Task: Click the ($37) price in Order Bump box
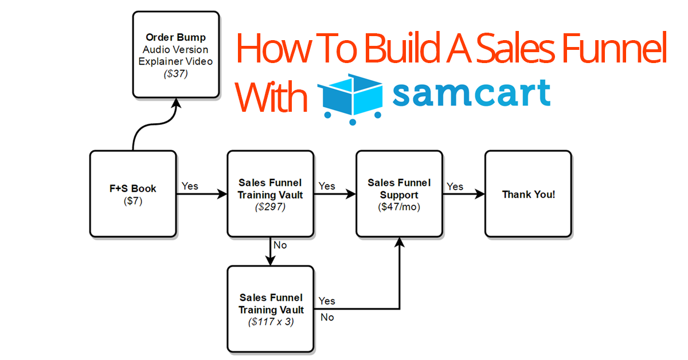click(x=175, y=74)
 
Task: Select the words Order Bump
click(x=175, y=37)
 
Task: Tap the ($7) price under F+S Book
click(x=133, y=201)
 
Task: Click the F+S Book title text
click(x=133, y=188)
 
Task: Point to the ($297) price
click(x=270, y=207)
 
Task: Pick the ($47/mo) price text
click(x=399, y=207)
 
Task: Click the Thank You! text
click(x=529, y=194)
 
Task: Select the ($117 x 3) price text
click(x=271, y=322)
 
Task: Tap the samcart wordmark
click(x=471, y=92)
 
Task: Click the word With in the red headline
click(x=271, y=97)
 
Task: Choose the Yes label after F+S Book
click(x=190, y=186)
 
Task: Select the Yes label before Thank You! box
click(x=455, y=186)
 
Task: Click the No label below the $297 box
click(x=280, y=245)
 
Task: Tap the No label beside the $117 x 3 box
click(x=327, y=318)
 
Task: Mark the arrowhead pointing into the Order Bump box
click(x=177, y=103)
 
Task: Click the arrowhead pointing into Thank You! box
click(x=480, y=194)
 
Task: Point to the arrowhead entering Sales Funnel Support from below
click(x=399, y=242)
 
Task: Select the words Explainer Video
click(x=175, y=61)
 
